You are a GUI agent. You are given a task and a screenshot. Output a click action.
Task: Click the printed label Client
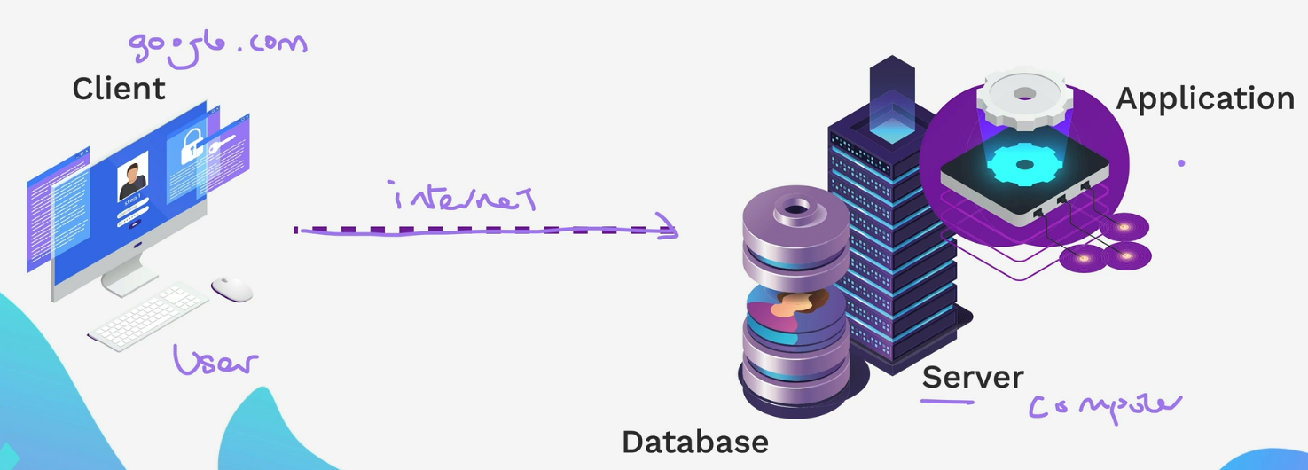click(119, 89)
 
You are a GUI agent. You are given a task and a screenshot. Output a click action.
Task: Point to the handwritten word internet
click(464, 197)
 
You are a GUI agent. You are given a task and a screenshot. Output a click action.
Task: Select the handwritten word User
click(215, 360)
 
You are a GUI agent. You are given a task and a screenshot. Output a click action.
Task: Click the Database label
click(694, 441)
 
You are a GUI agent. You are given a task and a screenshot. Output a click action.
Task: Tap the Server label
click(973, 378)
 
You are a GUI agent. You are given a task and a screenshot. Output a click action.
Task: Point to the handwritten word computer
click(1105, 406)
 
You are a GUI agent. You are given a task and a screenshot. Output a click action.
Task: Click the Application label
click(1205, 98)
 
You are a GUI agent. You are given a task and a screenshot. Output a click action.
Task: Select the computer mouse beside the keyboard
click(231, 288)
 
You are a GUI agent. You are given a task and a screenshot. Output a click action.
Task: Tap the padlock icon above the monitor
click(193, 146)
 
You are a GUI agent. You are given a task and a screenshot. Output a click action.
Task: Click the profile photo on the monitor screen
click(133, 176)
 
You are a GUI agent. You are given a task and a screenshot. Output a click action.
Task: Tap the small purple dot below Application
click(1181, 163)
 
